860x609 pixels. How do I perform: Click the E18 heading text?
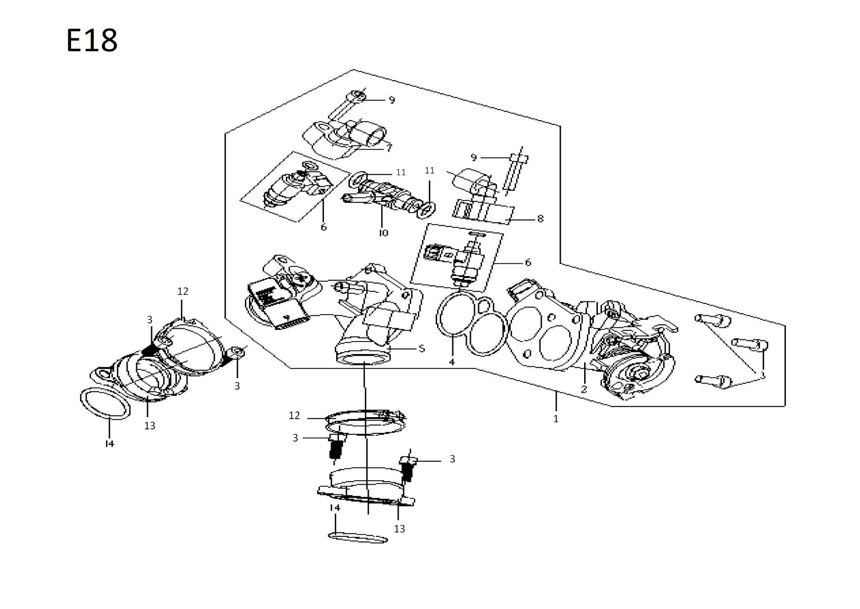[x=92, y=41]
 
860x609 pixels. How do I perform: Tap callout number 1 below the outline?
[x=556, y=419]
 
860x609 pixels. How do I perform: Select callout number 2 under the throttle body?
[x=584, y=389]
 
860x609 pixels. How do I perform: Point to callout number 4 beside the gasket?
[x=452, y=362]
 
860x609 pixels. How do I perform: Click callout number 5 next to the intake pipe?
[x=421, y=349]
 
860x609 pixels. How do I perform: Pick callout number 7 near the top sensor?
[x=389, y=148]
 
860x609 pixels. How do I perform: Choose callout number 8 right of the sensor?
[x=540, y=219]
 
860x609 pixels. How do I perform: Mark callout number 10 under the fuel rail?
[x=383, y=232]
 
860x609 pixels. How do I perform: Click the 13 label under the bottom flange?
[x=400, y=529]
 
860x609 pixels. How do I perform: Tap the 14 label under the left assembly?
[x=110, y=444]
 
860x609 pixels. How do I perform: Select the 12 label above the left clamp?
[x=183, y=291]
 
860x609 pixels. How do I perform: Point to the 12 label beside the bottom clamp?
[x=295, y=416]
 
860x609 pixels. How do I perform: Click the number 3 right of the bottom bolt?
[x=452, y=459]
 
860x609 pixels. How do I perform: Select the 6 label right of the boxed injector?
[x=528, y=262]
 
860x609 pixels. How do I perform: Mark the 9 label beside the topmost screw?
[x=391, y=100]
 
